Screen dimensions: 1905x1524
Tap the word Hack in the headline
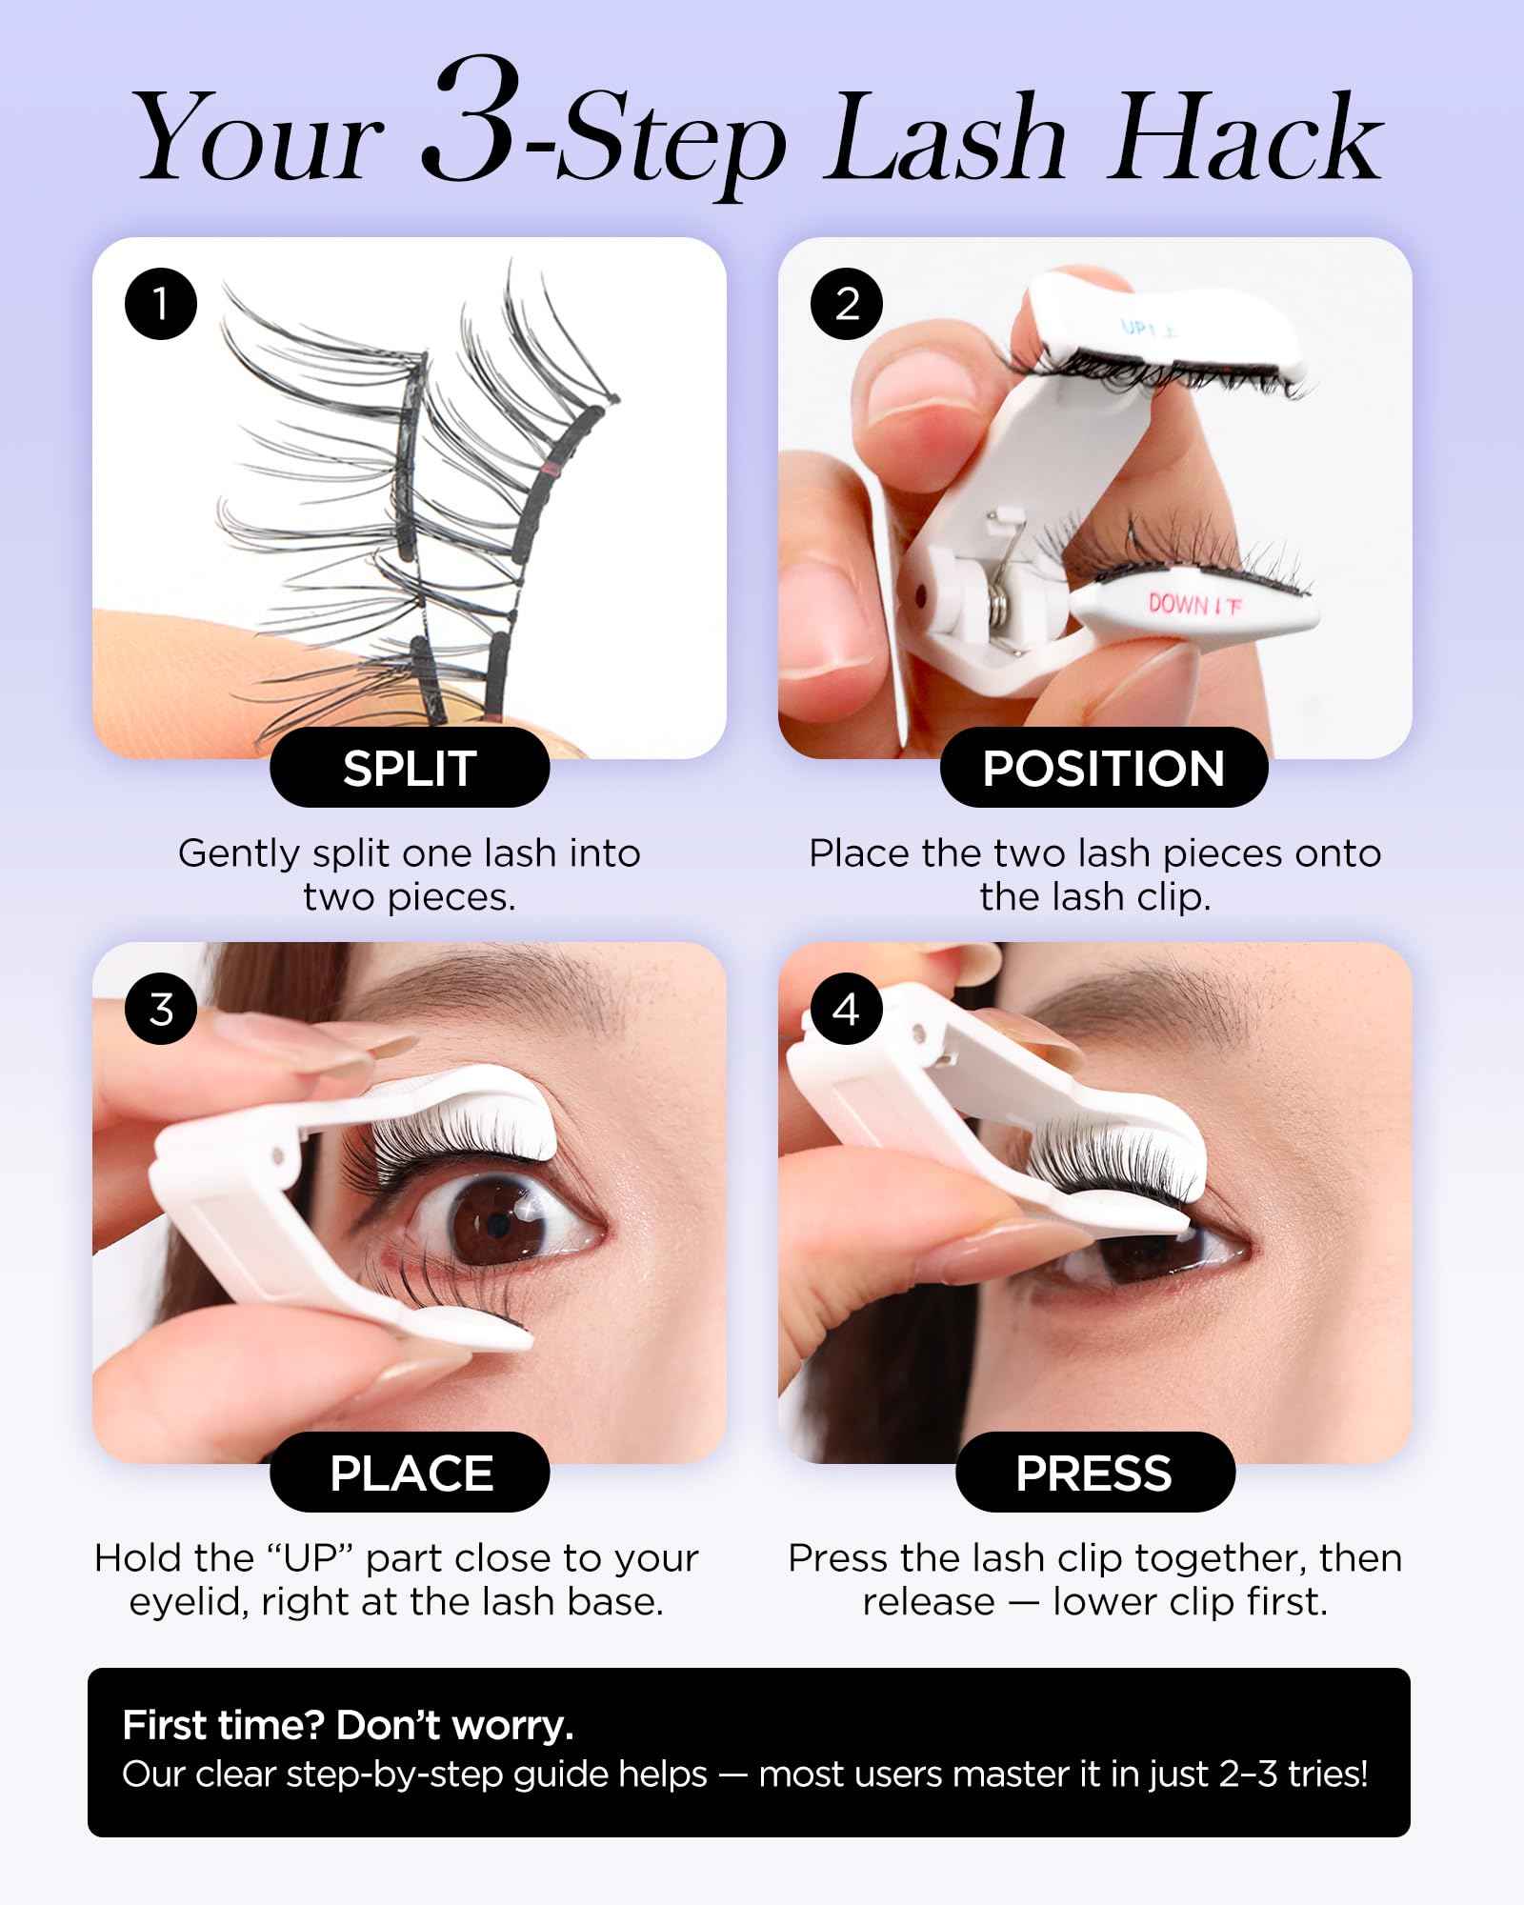coord(1247,139)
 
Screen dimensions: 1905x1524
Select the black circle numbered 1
coord(161,305)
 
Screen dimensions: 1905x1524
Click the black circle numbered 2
coord(847,305)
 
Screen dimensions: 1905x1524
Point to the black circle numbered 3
coord(161,1009)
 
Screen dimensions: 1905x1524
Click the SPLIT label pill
coord(410,769)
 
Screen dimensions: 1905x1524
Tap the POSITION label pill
coord(1103,769)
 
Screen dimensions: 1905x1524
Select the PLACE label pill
coord(411,1473)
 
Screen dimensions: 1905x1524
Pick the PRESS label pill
coord(1094,1473)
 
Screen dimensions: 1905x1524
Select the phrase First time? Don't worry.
coord(348,1725)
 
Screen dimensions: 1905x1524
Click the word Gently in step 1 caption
coord(239,854)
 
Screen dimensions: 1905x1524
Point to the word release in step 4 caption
coord(928,1603)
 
